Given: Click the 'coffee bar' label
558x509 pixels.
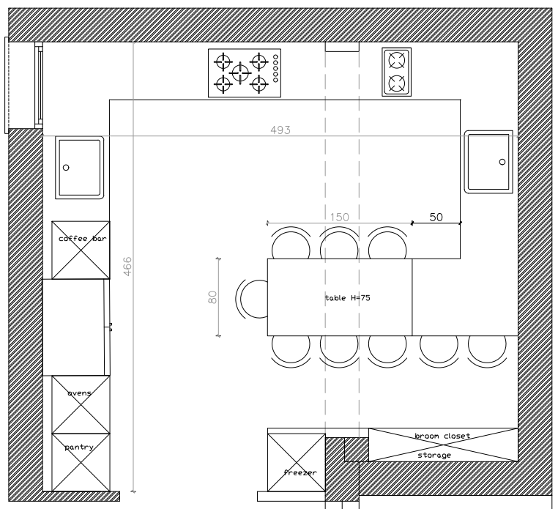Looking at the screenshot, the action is pyautogui.click(x=82, y=239).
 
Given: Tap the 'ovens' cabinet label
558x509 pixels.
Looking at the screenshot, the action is pyautogui.click(x=79, y=393).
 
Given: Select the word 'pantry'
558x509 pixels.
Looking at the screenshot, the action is pyautogui.click(x=79, y=447).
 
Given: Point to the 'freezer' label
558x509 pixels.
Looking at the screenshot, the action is pyautogui.click(x=300, y=472).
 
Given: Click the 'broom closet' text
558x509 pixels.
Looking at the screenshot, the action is pyautogui.click(x=442, y=436).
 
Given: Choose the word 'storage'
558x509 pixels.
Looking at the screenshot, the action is pyautogui.click(x=434, y=456).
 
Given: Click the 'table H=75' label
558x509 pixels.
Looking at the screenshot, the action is pyautogui.click(x=348, y=297).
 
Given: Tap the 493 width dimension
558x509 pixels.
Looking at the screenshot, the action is pyautogui.click(x=280, y=130).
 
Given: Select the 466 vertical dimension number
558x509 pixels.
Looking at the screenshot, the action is pyautogui.click(x=127, y=267).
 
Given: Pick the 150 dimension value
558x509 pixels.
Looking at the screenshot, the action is pyautogui.click(x=340, y=217).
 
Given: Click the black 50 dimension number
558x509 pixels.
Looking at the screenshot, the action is pyautogui.click(x=436, y=217).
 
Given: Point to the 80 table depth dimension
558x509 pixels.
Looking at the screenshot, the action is pyautogui.click(x=212, y=297).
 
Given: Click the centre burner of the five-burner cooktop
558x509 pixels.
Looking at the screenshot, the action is pyautogui.click(x=240, y=73).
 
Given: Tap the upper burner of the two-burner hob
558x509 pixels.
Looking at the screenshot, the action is pyautogui.click(x=397, y=60).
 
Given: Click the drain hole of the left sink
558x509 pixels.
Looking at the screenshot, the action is pyautogui.click(x=66, y=167).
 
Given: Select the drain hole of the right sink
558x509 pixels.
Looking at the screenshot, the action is pyautogui.click(x=502, y=162).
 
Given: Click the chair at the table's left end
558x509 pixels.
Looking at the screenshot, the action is pyautogui.click(x=252, y=299).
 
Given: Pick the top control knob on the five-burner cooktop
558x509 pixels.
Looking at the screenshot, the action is pyautogui.click(x=275, y=56).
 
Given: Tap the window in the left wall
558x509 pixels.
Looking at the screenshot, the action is pyautogui.click(x=23, y=85).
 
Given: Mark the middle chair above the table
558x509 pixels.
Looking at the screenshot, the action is pyautogui.click(x=339, y=244).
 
